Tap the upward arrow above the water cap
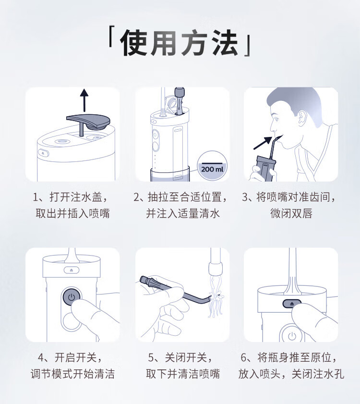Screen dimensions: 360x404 click(x=84, y=100)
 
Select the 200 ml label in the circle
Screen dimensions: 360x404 click(x=213, y=169)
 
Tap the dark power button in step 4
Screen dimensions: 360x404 click(x=72, y=297)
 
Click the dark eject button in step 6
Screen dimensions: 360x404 click(x=292, y=304)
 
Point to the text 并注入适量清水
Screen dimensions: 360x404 click(x=183, y=214)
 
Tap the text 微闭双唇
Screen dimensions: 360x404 click(x=291, y=214)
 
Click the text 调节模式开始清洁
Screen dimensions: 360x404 click(x=72, y=374)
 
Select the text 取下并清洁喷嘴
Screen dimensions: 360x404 click(x=183, y=374)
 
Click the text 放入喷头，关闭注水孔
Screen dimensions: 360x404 click(x=291, y=374)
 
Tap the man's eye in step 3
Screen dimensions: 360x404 click(x=276, y=119)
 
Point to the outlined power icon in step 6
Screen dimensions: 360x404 click(x=292, y=336)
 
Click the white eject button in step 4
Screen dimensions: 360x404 click(x=72, y=270)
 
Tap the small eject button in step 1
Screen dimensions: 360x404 click(x=43, y=152)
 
